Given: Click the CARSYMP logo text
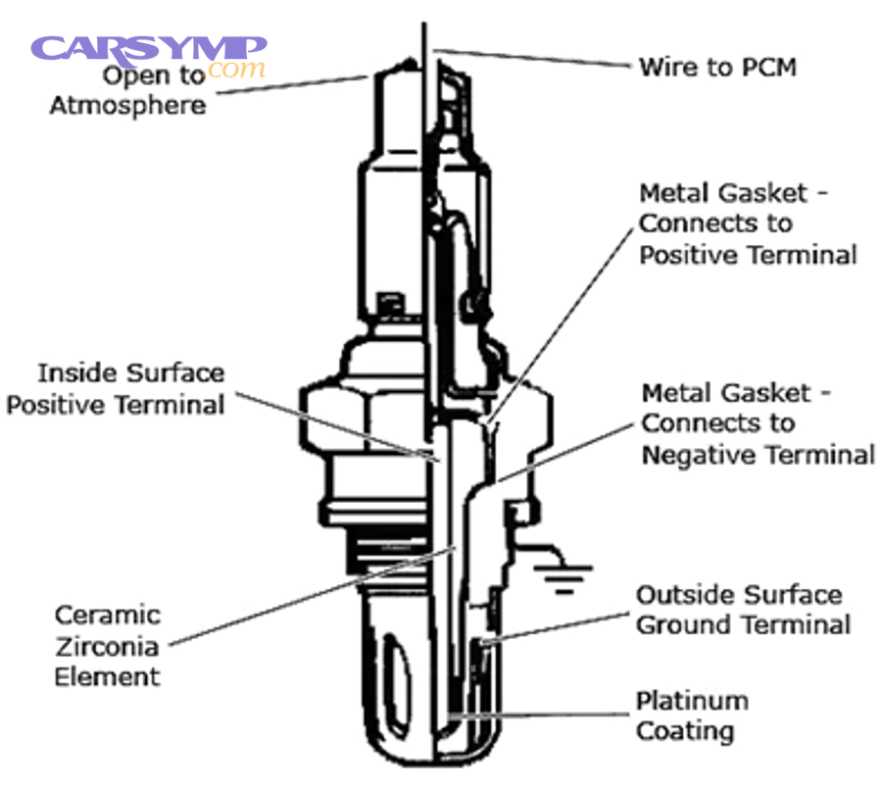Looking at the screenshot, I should [x=148, y=49].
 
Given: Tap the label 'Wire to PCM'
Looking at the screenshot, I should [x=717, y=68].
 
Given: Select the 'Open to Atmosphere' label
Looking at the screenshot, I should [x=128, y=90].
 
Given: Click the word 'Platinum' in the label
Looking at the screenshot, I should [x=692, y=702].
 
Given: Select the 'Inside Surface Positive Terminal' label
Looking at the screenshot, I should [x=116, y=388].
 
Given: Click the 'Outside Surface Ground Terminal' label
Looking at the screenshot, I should [x=743, y=610].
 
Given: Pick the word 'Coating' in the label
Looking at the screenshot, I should [x=684, y=731].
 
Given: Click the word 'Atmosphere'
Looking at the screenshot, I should [x=128, y=105].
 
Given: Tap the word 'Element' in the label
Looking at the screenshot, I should [x=107, y=676].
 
